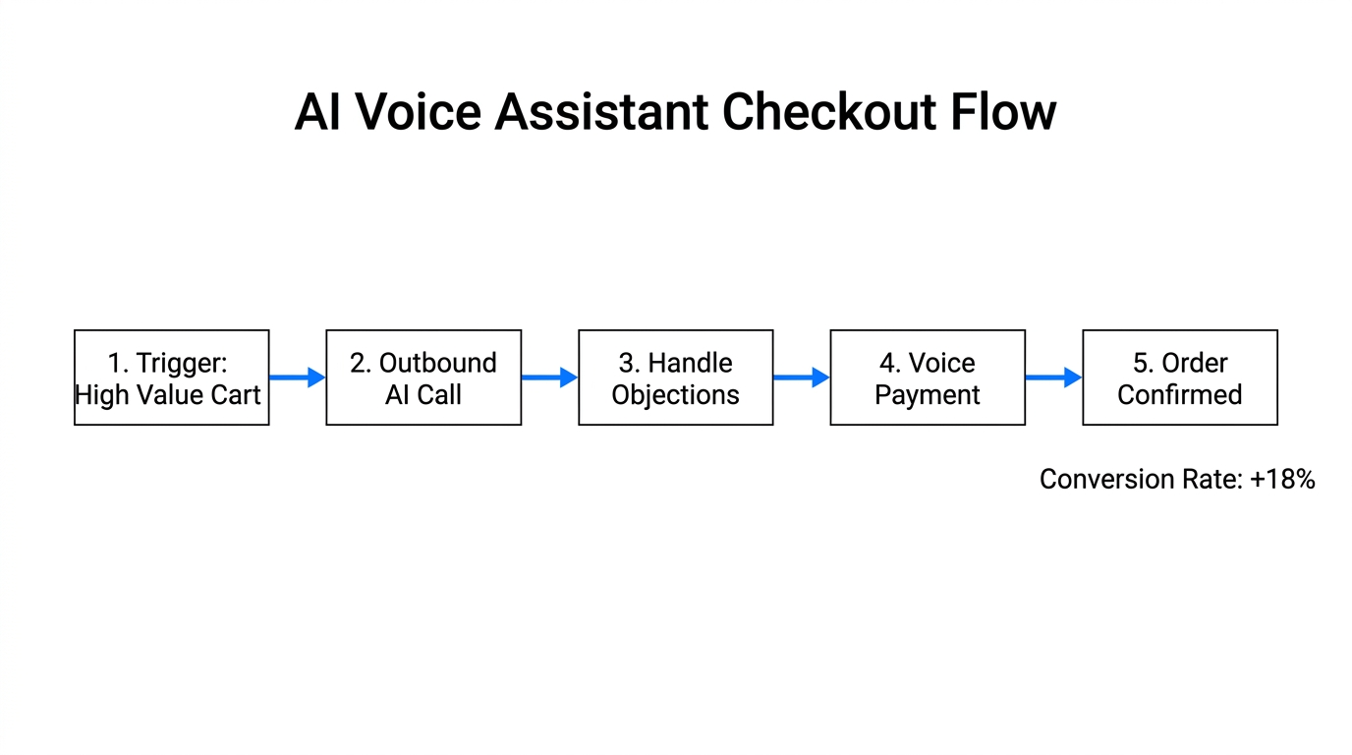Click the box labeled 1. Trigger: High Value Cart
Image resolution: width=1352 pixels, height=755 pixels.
point(171,377)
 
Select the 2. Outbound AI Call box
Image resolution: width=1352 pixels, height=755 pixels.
point(423,377)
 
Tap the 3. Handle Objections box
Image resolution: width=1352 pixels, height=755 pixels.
point(676,377)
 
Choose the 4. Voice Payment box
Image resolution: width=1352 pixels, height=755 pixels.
point(928,377)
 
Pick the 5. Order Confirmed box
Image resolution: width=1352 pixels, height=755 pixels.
point(1180,377)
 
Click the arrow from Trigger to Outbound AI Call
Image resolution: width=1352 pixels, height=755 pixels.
point(297,377)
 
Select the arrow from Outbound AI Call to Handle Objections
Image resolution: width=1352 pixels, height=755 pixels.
point(549,377)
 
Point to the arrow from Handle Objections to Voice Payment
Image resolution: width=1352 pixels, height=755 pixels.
point(802,377)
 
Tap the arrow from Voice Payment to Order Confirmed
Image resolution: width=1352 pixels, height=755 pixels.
point(1053,377)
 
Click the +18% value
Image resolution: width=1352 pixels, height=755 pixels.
point(1282,480)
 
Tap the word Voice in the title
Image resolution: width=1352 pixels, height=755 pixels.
point(419,112)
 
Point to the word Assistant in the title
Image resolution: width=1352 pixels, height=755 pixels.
point(601,112)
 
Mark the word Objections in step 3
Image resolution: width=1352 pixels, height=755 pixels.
point(676,395)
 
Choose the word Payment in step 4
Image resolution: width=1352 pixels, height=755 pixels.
point(928,395)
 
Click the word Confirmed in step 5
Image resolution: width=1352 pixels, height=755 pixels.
point(1180,395)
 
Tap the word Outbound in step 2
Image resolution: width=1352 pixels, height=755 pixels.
point(438,363)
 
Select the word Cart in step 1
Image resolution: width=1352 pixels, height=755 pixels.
point(236,395)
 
